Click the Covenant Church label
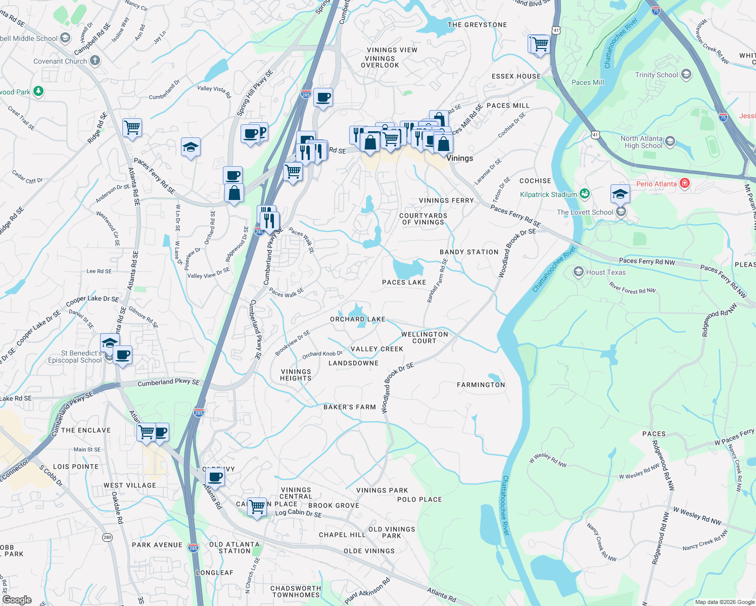pyautogui.click(x=60, y=61)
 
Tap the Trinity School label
pyautogui.click(x=656, y=75)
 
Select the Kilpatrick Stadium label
pyautogui.click(x=548, y=194)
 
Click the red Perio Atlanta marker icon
pyautogui.click(x=685, y=183)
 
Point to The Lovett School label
pyautogui.click(x=585, y=212)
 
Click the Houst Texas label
pyautogui.click(x=605, y=272)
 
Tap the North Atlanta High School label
pyautogui.click(x=641, y=142)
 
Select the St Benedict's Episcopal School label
pyautogui.click(x=75, y=357)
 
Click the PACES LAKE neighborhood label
pyautogui.click(x=404, y=282)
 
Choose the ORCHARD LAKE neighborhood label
pyautogui.click(x=357, y=319)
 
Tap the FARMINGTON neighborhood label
pyautogui.click(x=481, y=385)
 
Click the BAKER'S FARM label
pyautogui.click(x=350, y=407)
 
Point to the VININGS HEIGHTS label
pyautogui.click(x=296, y=375)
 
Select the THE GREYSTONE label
pyautogui.click(x=477, y=25)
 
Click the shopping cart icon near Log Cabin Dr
pyautogui.click(x=257, y=506)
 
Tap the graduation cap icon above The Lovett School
pyautogui.click(x=620, y=193)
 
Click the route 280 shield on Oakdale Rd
pyautogui.click(x=107, y=537)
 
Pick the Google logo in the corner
pyautogui.click(x=17, y=600)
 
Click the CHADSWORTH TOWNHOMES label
pyautogui.click(x=296, y=591)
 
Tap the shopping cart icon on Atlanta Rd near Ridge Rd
pyautogui.click(x=132, y=127)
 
